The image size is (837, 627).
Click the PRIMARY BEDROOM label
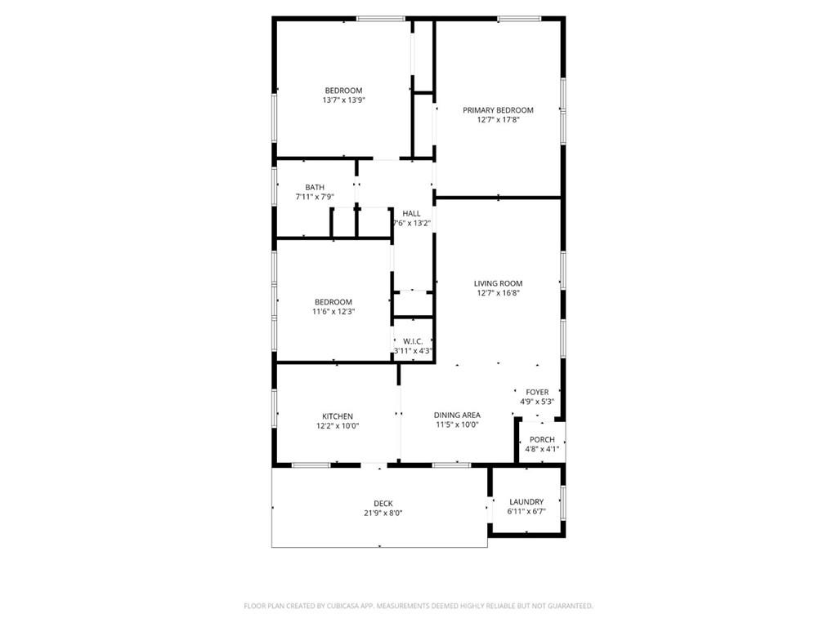pos(498,110)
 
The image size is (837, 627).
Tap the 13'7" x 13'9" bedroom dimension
pos(343,100)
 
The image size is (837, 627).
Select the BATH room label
pos(315,187)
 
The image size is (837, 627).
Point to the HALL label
pos(411,213)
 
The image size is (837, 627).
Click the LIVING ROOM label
pos(498,283)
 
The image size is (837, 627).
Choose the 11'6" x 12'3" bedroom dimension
pos(334,311)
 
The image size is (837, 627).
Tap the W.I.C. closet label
pos(412,341)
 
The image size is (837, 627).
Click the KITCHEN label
pos(338,416)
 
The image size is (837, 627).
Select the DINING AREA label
pos(456,415)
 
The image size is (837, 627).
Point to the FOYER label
pos(537,392)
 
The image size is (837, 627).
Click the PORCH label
pos(542,439)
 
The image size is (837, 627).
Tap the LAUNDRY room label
pos(526,502)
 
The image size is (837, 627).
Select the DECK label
pos(383,503)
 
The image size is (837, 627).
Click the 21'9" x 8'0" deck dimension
pos(383,513)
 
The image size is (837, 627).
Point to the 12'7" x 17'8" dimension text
pos(498,120)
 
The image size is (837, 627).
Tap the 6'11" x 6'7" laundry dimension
pos(526,512)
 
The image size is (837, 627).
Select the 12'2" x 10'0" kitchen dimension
pos(338,425)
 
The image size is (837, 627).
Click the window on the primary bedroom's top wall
pos(519,17)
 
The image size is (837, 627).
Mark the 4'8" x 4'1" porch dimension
pos(542,449)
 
